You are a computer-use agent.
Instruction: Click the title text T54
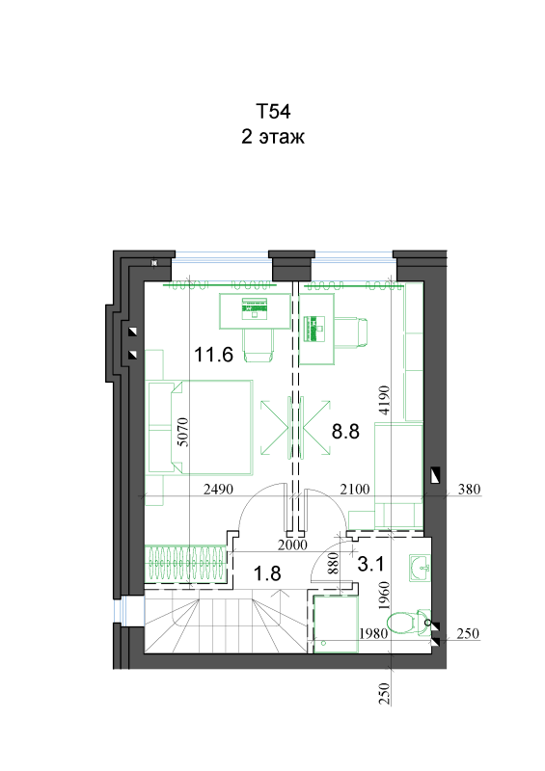(x=273, y=111)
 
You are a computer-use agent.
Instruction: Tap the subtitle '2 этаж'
(x=273, y=136)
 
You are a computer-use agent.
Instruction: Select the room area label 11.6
(x=213, y=354)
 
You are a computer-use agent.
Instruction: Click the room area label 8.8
(x=345, y=431)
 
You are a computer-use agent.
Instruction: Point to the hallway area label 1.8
(x=267, y=573)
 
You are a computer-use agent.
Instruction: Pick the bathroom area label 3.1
(x=370, y=564)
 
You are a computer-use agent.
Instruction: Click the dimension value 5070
(x=182, y=432)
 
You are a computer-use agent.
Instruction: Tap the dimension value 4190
(x=384, y=400)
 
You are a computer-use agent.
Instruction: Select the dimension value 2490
(x=218, y=490)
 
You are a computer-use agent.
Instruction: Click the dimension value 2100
(x=354, y=490)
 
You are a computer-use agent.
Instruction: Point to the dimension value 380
(x=469, y=490)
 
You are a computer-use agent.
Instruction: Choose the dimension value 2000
(x=292, y=545)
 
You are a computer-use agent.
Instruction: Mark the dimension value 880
(x=334, y=564)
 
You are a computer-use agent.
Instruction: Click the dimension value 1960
(x=384, y=596)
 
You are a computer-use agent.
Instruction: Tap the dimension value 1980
(x=373, y=633)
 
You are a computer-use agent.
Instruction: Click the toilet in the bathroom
(x=409, y=623)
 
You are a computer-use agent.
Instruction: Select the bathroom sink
(x=420, y=568)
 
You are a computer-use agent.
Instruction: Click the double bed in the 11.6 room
(x=211, y=427)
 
